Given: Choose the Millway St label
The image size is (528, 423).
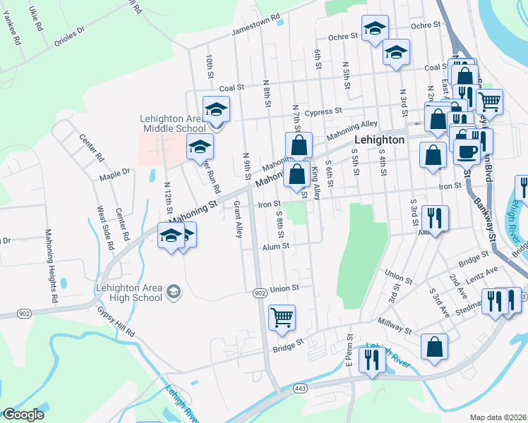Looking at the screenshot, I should click(x=395, y=329).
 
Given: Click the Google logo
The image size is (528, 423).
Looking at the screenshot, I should click(x=23, y=415).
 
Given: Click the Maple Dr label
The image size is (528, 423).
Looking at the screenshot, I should click(x=115, y=172).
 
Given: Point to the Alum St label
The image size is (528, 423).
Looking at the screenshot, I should click(x=276, y=246).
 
